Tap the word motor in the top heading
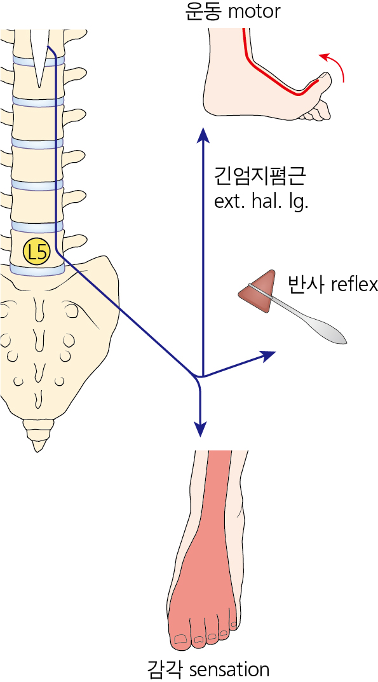(x=254, y=11)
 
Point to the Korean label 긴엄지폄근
(x=260, y=177)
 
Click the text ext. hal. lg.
(x=261, y=202)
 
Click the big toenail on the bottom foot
(x=179, y=639)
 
